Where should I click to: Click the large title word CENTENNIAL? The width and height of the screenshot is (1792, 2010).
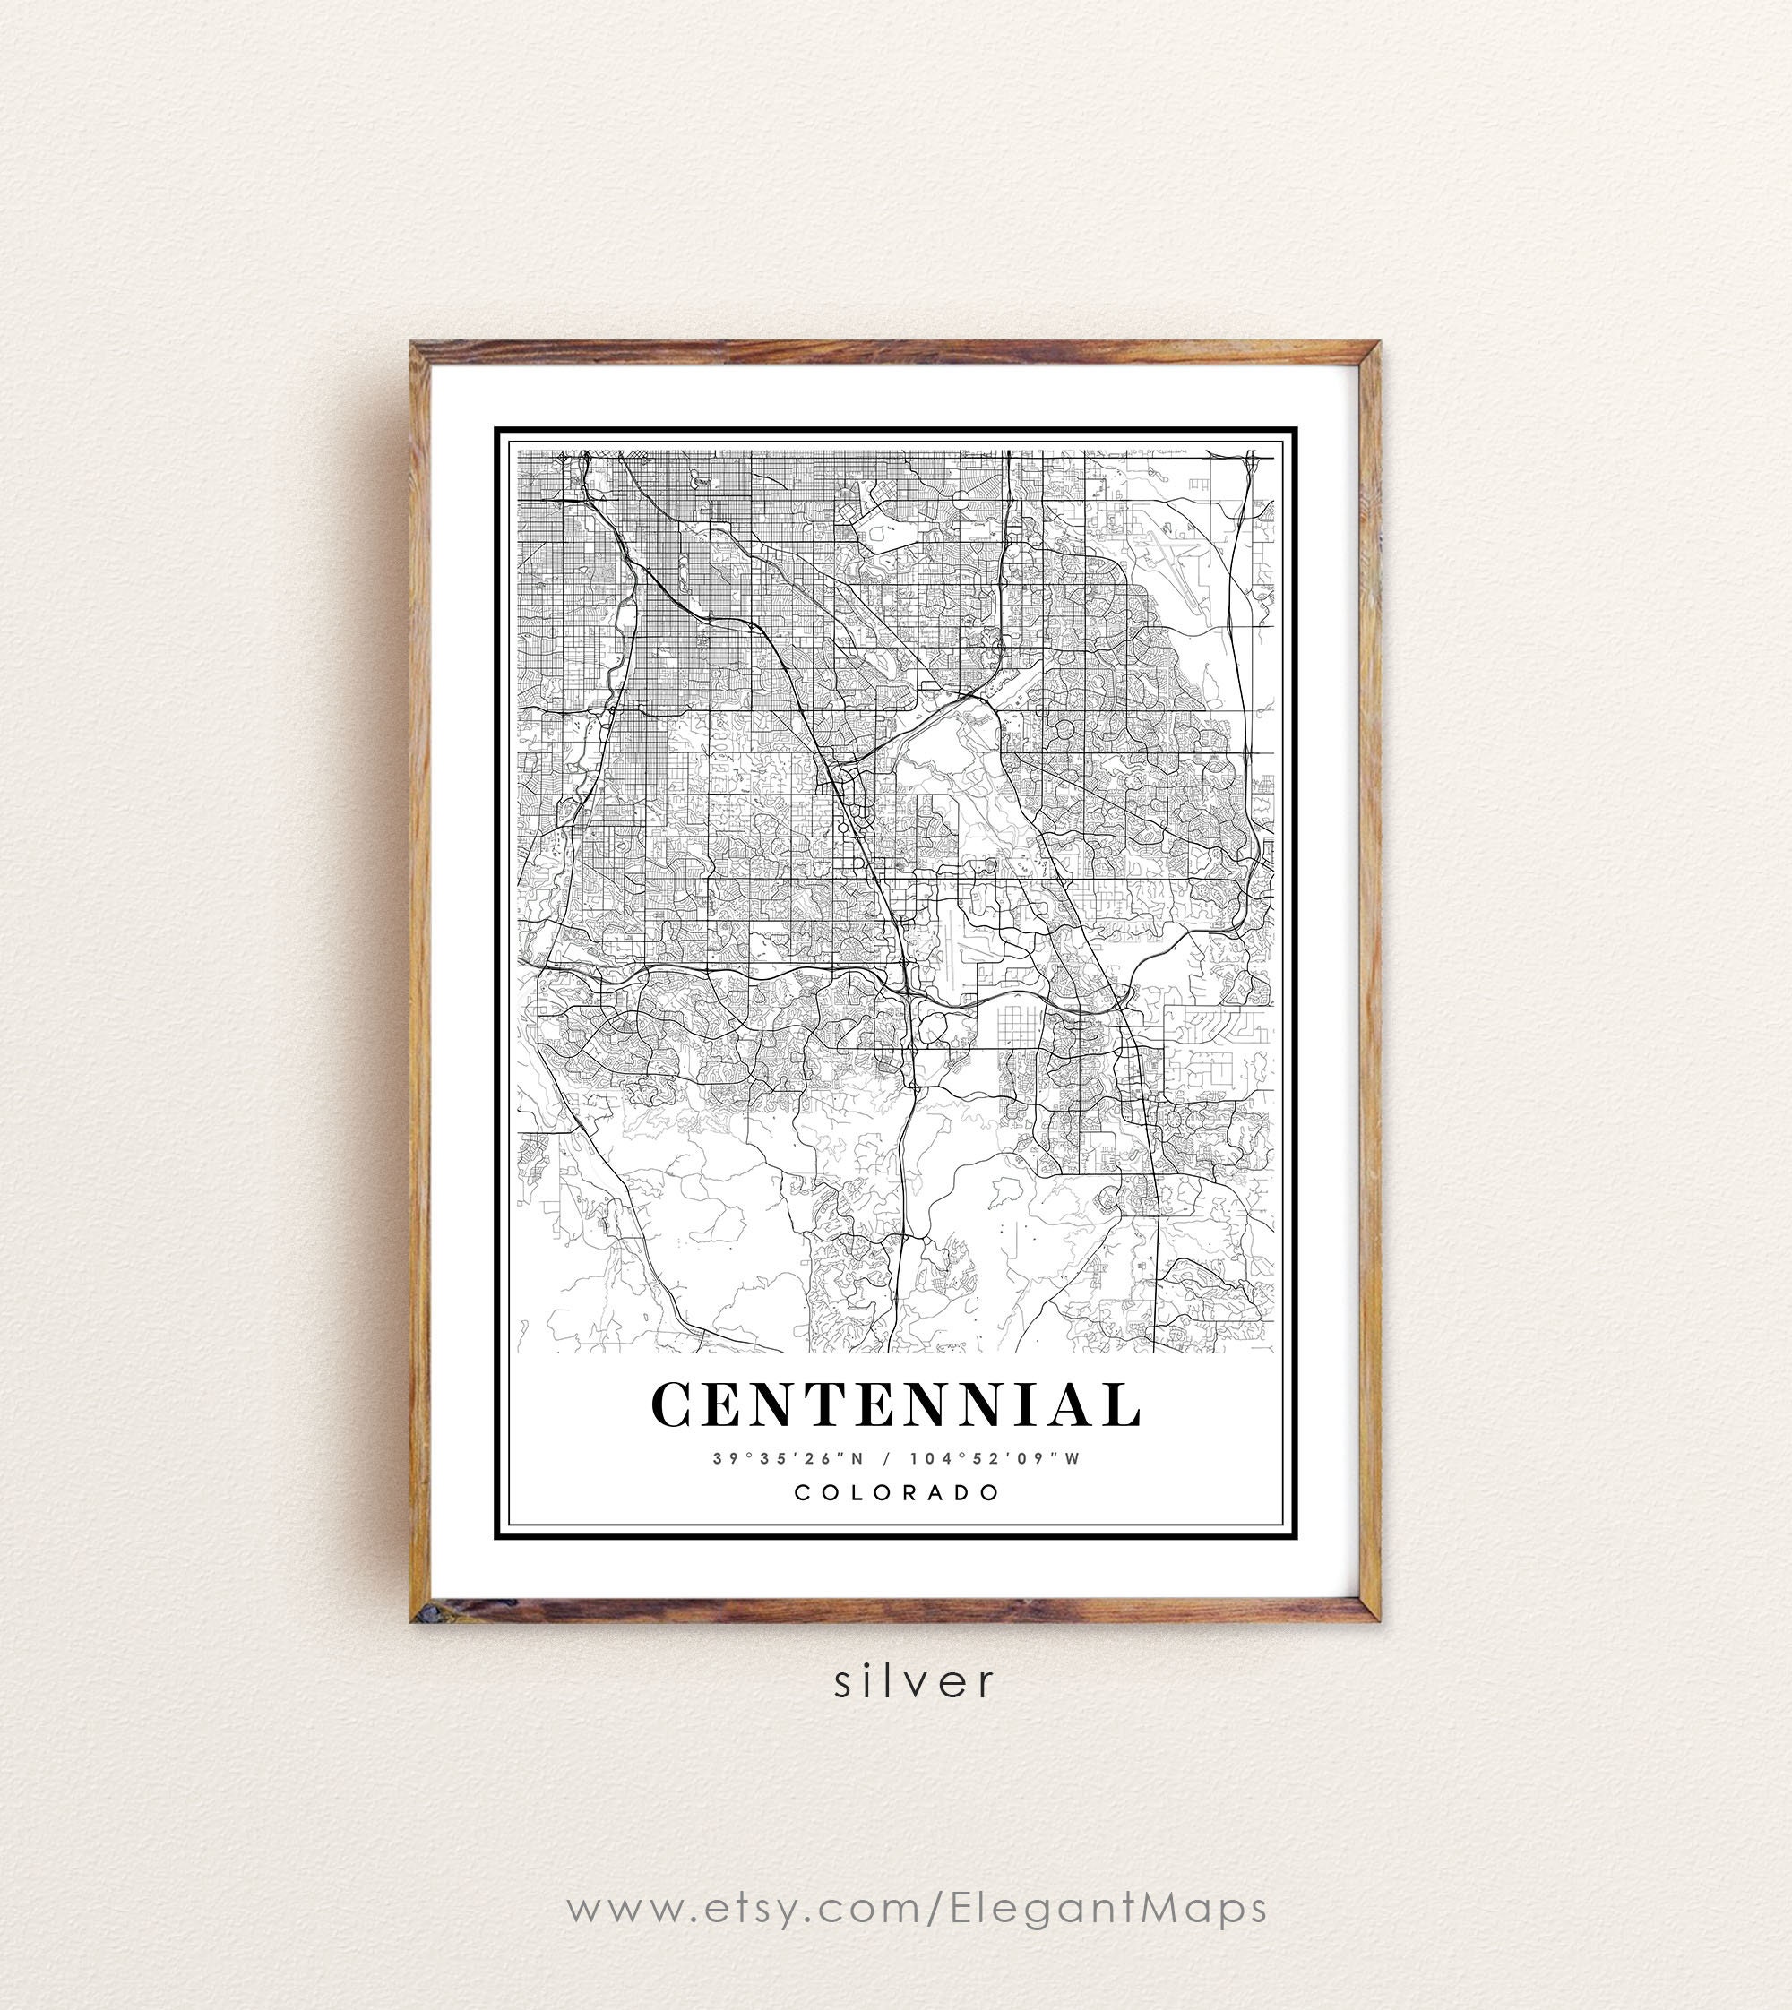[896, 1404]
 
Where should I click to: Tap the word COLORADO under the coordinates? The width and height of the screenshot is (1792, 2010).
[897, 1492]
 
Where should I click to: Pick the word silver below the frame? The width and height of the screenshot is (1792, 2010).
[915, 1681]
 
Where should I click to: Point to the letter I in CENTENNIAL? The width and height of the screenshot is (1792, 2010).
[1024, 1404]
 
